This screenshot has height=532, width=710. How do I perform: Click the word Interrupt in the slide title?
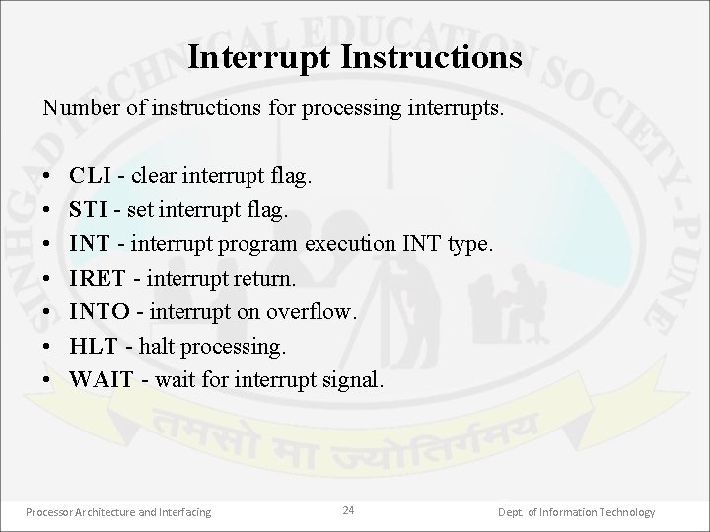pos(259,57)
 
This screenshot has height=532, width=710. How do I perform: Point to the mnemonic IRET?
pos(97,279)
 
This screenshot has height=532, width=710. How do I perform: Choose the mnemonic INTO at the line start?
pos(101,313)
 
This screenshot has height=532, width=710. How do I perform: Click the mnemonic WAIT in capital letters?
pos(101,381)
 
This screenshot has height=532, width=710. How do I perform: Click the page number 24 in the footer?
pos(348,510)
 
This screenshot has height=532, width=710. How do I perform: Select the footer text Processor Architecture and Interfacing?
pos(117,511)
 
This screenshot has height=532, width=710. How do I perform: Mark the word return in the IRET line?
pos(264,279)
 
